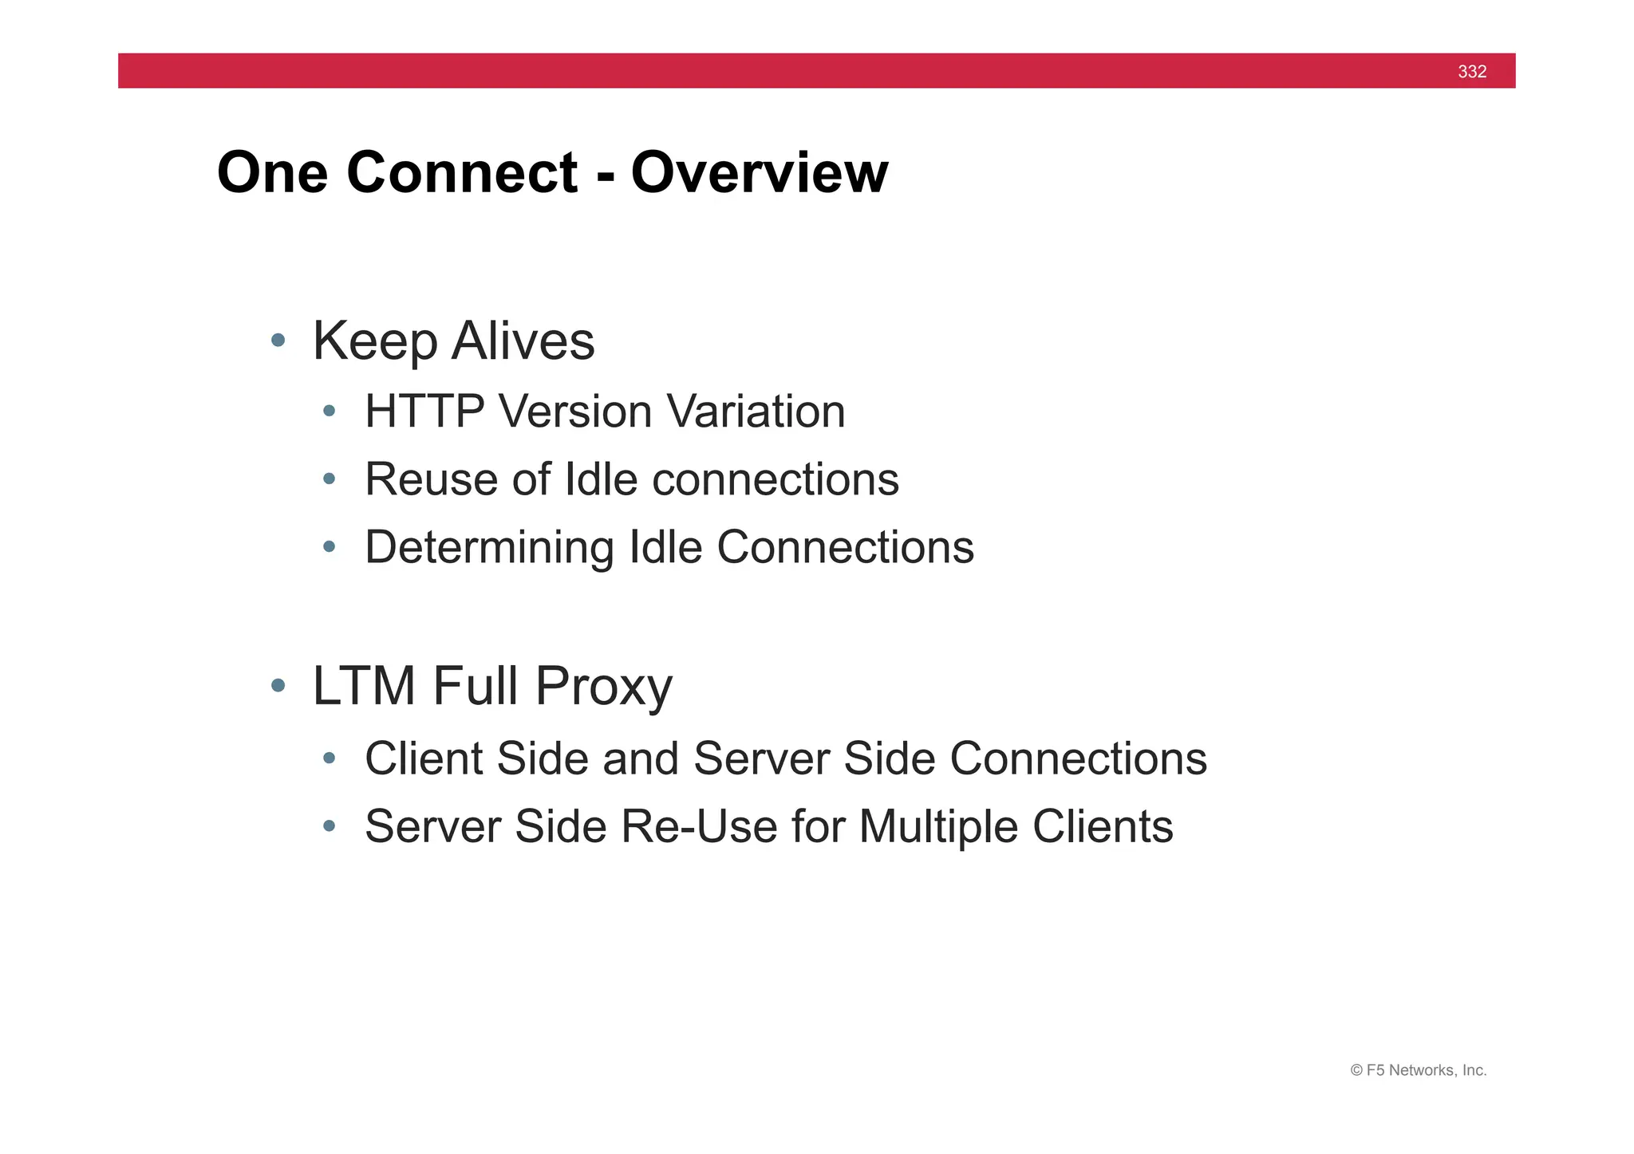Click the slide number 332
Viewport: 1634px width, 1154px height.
point(1471,72)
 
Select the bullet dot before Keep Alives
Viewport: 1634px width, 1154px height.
point(278,341)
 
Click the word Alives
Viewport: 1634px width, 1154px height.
point(523,341)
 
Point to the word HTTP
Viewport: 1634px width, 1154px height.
point(424,412)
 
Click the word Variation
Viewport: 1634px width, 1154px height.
point(756,412)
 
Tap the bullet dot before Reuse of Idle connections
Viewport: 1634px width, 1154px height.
point(329,479)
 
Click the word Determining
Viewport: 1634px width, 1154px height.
point(489,548)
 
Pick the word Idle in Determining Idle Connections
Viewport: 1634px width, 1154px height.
point(666,547)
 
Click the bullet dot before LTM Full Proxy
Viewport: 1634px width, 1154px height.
point(278,685)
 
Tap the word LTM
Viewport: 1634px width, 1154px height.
point(364,686)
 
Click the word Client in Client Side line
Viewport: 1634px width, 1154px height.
point(423,758)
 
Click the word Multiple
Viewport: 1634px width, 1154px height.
point(938,827)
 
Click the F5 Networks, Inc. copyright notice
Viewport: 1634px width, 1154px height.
point(1418,1070)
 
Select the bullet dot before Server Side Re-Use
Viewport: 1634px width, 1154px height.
point(329,826)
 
